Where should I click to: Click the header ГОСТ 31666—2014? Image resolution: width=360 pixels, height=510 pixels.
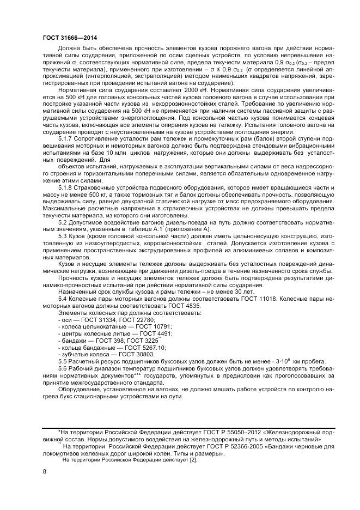[x=66, y=38]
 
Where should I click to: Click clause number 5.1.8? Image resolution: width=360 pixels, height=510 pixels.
[x=66, y=187]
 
